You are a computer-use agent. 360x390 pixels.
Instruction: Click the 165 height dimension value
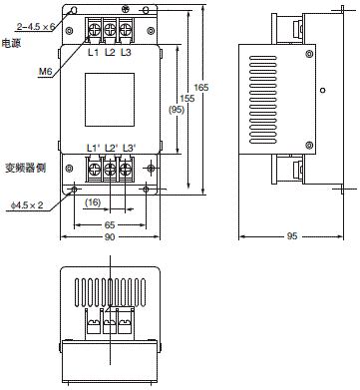click(x=201, y=89)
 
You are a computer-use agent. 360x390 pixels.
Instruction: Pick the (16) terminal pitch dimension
click(x=93, y=202)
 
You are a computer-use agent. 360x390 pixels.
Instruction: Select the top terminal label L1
click(x=93, y=52)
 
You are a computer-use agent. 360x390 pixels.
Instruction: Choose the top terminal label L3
click(x=126, y=52)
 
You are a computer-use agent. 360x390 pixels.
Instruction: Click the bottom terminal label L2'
click(x=111, y=149)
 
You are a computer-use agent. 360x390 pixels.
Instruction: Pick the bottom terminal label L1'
click(x=93, y=149)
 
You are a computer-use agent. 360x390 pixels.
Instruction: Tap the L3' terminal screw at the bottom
click(x=127, y=171)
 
